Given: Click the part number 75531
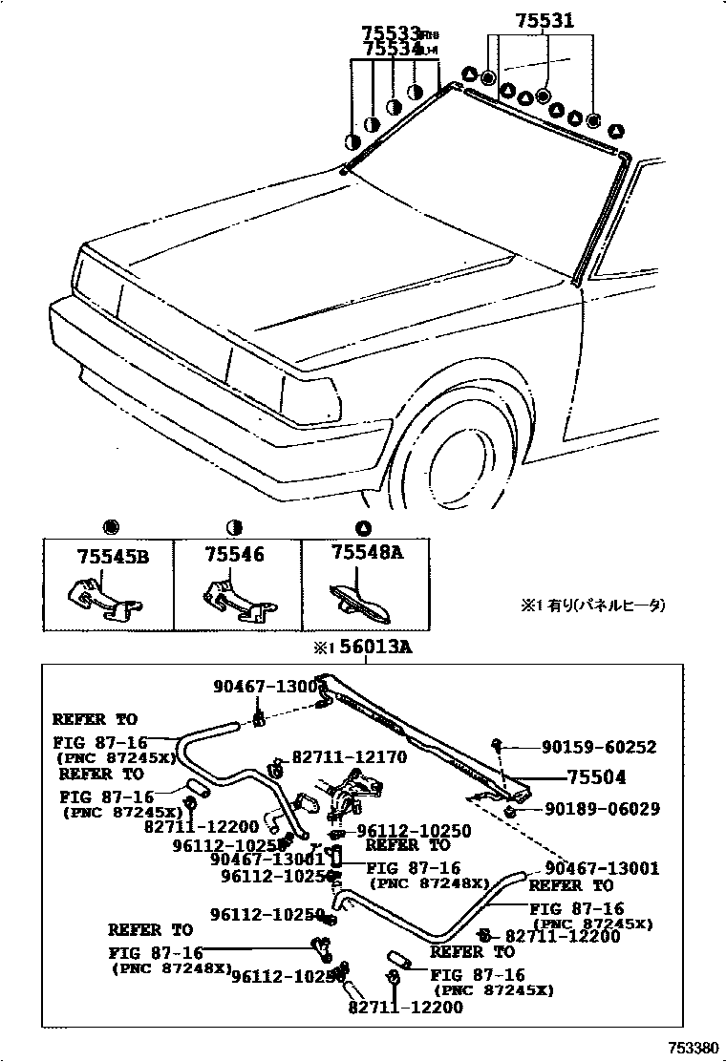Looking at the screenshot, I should pyautogui.click(x=545, y=19).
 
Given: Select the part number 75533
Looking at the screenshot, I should pyautogui.click(x=392, y=33).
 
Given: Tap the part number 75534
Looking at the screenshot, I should pyautogui.click(x=392, y=49).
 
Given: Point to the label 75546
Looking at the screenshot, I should pyautogui.click(x=233, y=554).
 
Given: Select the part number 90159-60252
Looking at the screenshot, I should pyautogui.click(x=600, y=748).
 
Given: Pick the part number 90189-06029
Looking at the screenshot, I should pyautogui.click(x=602, y=809).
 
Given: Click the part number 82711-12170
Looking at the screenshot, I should pyautogui.click(x=350, y=757).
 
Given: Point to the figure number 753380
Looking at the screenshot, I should pyautogui.click(x=692, y=1048).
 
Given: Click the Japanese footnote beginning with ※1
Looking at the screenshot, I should pyautogui.click(x=592, y=605).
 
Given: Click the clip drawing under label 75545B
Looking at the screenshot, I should pyautogui.click(x=103, y=600).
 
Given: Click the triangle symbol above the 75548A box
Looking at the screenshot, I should pyautogui.click(x=362, y=527).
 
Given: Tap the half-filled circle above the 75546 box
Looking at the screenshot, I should pyautogui.click(x=234, y=527).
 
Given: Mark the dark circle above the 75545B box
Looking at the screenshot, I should pyautogui.click(x=109, y=527).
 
